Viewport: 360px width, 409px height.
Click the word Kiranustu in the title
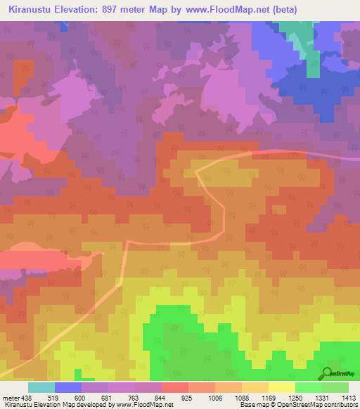[32, 9]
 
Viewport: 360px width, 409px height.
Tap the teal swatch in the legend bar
[41, 388]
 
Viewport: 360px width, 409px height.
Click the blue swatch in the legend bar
[67, 388]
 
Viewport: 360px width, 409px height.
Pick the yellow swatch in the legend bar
[281, 388]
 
